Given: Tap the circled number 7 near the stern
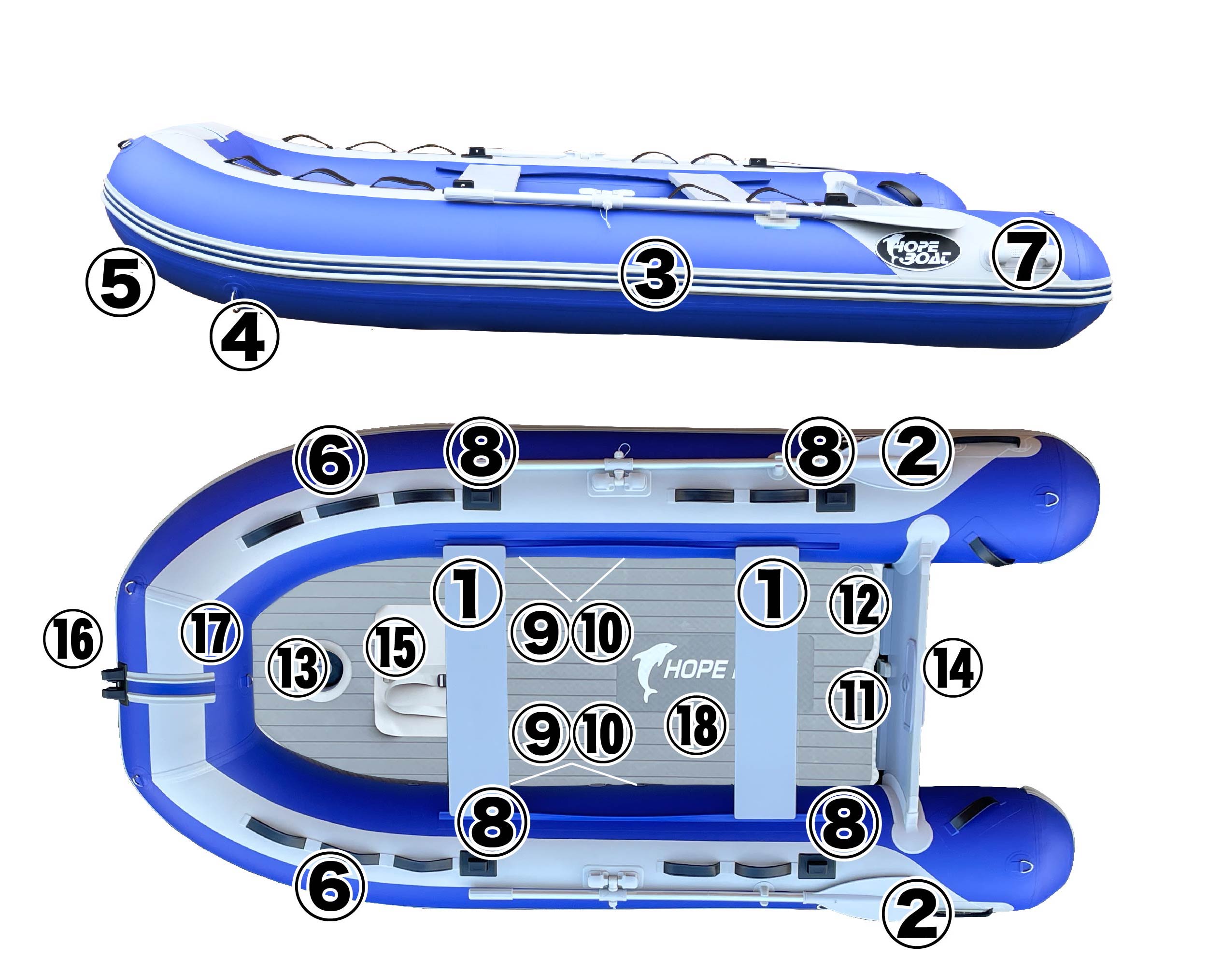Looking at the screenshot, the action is coord(1026,255).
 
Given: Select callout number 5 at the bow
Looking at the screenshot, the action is coord(120,282).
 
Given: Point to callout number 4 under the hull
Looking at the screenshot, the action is coord(245,335).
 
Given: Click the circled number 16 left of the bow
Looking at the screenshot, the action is coord(73,639).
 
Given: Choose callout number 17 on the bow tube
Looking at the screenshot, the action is coord(210,633).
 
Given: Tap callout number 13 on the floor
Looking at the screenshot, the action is coord(297,668).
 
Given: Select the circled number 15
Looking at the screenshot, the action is coord(395,648).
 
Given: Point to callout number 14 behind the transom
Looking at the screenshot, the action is coord(952,667).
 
